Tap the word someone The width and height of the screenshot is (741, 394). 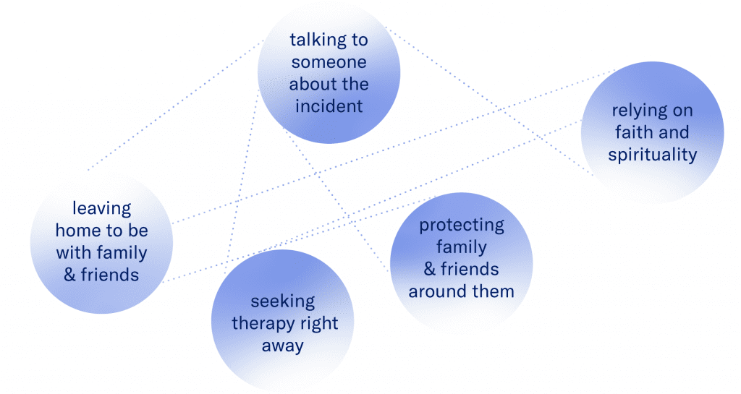click(329, 62)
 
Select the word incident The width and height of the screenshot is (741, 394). click(329, 106)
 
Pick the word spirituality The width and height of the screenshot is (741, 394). click(652, 155)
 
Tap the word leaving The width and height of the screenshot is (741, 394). click(102, 209)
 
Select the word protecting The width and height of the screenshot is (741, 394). click(461, 225)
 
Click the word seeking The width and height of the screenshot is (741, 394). click(283, 301)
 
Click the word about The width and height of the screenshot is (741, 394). click(309, 84)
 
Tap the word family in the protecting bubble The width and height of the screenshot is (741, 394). click(461, 247)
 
